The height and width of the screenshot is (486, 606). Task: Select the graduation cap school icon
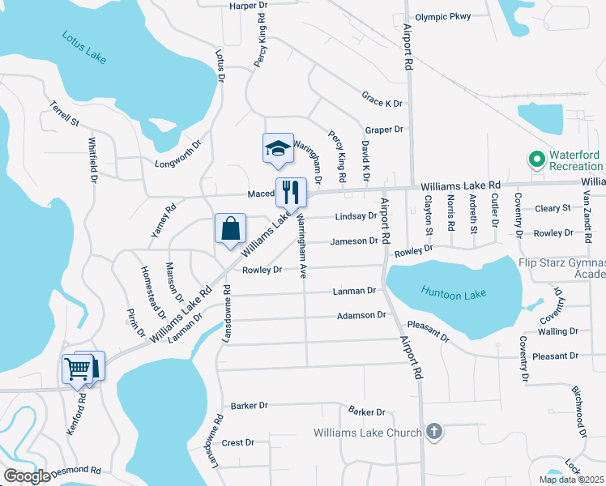point(278,148)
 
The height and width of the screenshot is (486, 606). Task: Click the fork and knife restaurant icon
point(291,193)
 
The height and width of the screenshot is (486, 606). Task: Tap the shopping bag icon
point(230,229)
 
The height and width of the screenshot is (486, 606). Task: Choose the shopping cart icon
point(78,369)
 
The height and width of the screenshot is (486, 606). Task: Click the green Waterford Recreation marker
point(535,160)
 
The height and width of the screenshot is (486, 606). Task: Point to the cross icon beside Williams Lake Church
point(434,432)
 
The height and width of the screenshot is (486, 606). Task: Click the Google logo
point(27,476)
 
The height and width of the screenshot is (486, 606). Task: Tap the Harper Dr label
point(249,6)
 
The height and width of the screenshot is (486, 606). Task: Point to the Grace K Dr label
point(382,104)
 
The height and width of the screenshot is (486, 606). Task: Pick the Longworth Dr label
point(177,163)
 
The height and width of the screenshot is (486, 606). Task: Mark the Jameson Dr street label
point(354,241)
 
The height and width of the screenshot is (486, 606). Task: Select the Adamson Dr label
point(357,315)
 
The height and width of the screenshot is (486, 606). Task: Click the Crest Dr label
point(238,443)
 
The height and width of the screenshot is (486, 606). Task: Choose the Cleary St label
point(554,208)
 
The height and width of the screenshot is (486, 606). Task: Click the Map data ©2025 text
point(570,480)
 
